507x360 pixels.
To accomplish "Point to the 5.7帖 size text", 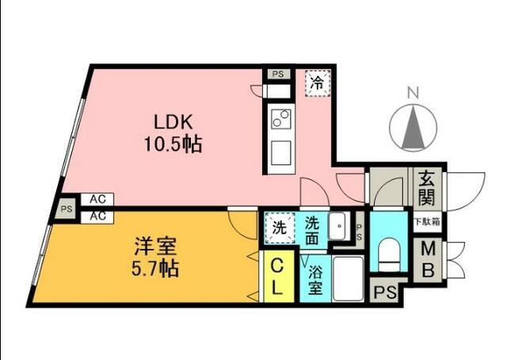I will click(x=155, y=268).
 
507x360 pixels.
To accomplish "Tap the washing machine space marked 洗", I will click(x=279, y=225).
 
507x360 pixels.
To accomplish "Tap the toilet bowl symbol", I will click(x=389, y=255).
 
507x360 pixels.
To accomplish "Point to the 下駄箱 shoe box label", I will click(x=427, y=223).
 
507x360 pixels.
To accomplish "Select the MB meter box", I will click(x=427, y=259).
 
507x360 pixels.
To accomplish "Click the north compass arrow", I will click(x=412, y=128).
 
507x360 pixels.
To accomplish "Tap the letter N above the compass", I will click(x=412, y=94).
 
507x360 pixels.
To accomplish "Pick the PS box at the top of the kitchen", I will click(x=276, y=75).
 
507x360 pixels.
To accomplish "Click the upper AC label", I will click(x=98, y=200).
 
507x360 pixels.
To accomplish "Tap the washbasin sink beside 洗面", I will click(x=338, y=224).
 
